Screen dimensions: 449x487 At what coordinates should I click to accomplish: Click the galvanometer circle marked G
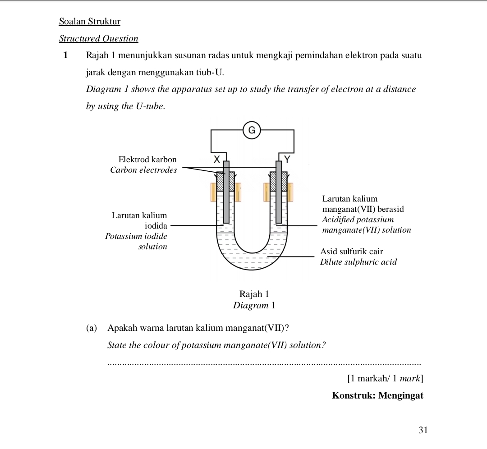pyautogui.click(x=252, y=131)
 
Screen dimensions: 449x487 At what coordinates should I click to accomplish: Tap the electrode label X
pyautogui.click(x=216, y=159)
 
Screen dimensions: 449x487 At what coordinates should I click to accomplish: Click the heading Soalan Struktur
pyautogui.click(x=90, y=22)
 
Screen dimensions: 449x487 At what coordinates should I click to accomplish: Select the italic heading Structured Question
pyautogui.click(x=99, y=39)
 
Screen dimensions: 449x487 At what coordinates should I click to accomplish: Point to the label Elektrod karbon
pyautogui.click(x=147, y=160)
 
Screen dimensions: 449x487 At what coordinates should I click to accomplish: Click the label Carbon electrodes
pyautogui.click(x=143, y=170)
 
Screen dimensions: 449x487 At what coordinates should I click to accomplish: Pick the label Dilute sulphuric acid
pyautogui.click(x=358, y=262)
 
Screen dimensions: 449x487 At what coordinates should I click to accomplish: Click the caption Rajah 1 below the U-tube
pyautogui.click(x=254, y=294)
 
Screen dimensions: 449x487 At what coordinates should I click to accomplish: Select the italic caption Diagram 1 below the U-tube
pyautogui.click(x=254, y=305)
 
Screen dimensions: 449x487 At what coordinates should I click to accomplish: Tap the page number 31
pyautogui.click(x=423, y=430)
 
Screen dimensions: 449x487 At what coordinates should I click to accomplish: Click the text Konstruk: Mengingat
pyautogui.click(x=377, y=396)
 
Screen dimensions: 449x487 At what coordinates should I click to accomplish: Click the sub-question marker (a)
pyautogui.click(x=92, y=328)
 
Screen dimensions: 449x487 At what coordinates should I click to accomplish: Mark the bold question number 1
pyautogui.click(x=66, y=55)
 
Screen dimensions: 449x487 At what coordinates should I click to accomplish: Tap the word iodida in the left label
pyautogui.click(x=156, y=225)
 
